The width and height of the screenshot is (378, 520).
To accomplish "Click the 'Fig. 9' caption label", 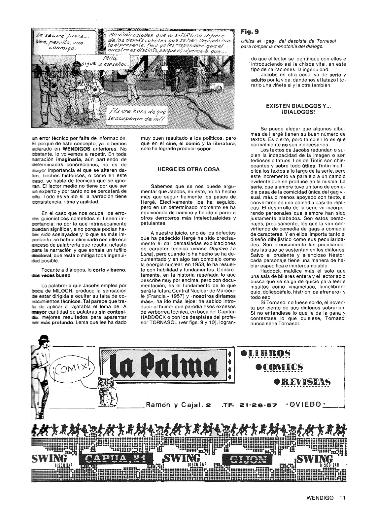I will (x=250, y=32).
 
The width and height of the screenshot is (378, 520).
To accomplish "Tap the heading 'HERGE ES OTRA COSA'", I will (x=189, y=170).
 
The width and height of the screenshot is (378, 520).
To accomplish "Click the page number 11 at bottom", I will (x=342, y=498).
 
